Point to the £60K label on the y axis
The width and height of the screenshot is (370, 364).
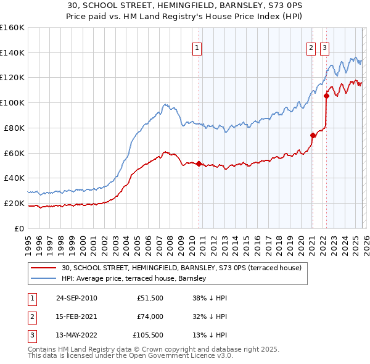[x=14, y=153]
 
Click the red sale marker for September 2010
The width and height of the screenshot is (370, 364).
[x=199, y=163]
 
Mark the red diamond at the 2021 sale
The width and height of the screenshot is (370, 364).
[x=313, y=135]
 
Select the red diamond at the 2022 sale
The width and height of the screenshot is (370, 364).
[x=326, y=96]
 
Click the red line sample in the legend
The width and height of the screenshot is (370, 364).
[x=43, y=268]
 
